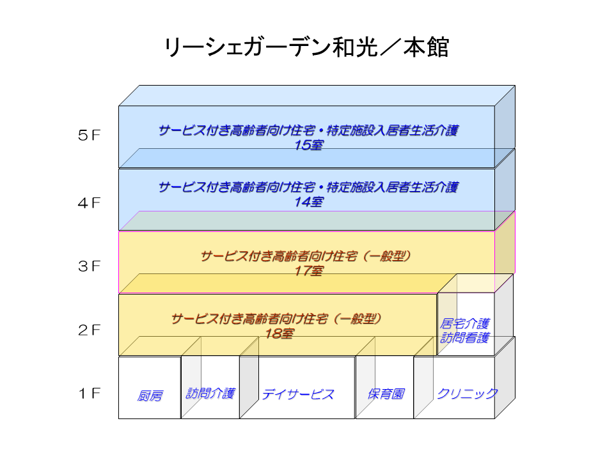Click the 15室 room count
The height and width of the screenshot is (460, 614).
[x=308, y=145]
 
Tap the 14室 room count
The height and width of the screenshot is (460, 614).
[x=308, y=203]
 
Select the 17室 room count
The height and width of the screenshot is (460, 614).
[x=308, y=271]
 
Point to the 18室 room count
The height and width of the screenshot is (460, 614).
[x=279, y=333]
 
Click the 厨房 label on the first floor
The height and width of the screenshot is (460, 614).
[x=150, y=396]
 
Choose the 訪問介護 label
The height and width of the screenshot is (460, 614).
[x=210, y=393]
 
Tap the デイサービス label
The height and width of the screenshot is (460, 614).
[x=297, y=394]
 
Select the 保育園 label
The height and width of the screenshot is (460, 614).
[x=385, y=394]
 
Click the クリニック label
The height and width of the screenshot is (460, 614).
[x=467, y=394]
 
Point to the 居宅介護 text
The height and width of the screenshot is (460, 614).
[x=465, y=323]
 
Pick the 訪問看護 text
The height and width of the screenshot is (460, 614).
[x=465, y=338]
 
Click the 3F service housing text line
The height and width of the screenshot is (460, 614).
[x=305, y=257]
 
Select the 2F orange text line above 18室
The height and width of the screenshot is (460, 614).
[x=276, y=319]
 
